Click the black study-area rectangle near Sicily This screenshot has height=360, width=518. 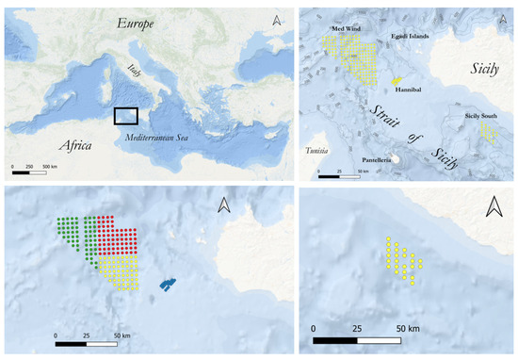[126, 116]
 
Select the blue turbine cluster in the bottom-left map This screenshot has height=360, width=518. [168, 283]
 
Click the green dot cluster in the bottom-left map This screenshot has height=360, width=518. [77, 236]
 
